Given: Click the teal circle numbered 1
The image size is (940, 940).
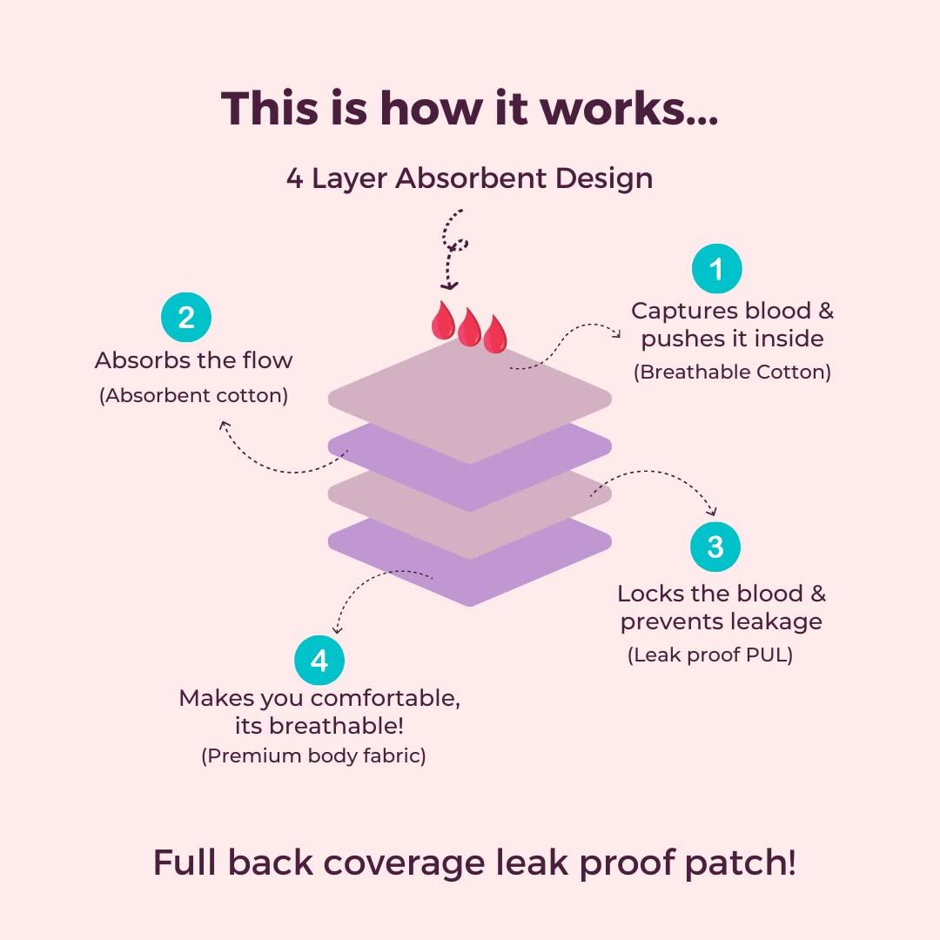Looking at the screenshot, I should (x=716, y=269).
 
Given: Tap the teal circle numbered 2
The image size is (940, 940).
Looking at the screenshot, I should (x=186, y=318).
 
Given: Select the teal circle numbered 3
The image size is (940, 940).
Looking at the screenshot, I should (x=715, y=547).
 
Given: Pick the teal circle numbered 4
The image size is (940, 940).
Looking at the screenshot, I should (x=319, y=661).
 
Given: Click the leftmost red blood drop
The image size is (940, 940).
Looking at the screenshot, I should (x=443, y=321).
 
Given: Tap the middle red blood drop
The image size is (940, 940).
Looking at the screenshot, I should (x=469, y=328).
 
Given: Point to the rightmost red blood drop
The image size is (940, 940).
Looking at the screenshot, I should (x=495, y=335).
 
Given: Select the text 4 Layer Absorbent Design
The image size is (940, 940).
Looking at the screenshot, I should (x=469, y=178).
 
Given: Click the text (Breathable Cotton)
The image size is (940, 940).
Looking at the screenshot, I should (x=732, y=373).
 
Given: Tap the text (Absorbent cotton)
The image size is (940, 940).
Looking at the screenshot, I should (x=193, y=395).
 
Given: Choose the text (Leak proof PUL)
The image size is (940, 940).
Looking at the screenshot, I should (x=710, y=655).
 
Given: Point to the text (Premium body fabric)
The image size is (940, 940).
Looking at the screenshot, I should (x=313, y=755).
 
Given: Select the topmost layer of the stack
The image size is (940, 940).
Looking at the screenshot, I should (x=470, y=392).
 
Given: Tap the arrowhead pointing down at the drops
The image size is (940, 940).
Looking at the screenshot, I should (x=449, y=285).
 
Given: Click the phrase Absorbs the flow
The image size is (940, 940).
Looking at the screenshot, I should (x=193, y=360).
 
